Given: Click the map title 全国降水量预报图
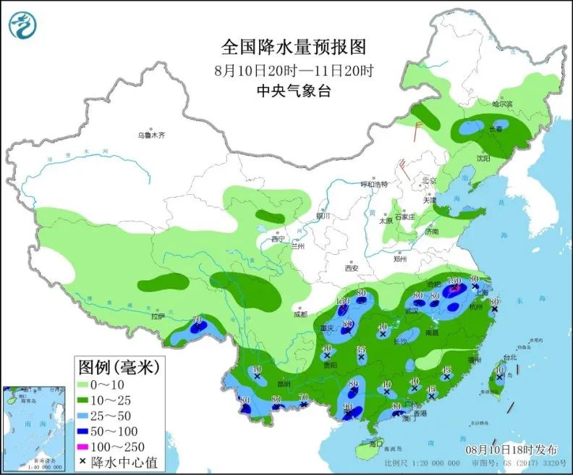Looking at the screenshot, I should tap(293, 47).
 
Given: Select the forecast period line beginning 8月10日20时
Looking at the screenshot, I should tap(293, 71).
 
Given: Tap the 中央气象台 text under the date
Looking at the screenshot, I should tap(293, 91).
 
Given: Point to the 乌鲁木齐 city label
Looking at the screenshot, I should tap(152, 135).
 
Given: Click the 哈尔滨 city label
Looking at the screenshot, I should tap(501, 104).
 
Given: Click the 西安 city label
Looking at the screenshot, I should tap(352, 268).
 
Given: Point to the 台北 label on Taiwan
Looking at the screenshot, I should tap(509, 357).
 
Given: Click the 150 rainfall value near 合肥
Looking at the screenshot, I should tap(454, 281).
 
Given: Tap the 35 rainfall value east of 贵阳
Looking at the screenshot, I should tap(361, 350).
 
